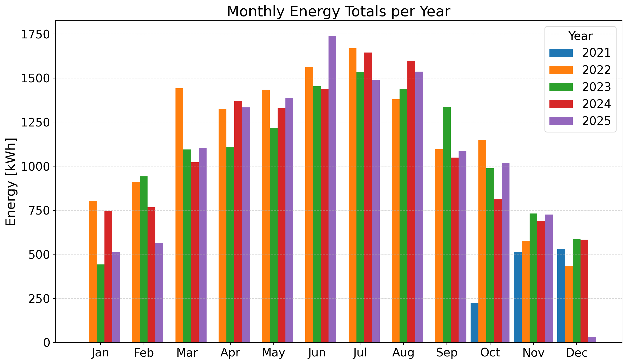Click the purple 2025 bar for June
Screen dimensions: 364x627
332,189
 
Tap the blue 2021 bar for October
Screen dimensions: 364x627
474,323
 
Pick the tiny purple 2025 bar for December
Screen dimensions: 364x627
592,340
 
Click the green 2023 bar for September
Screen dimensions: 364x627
447,225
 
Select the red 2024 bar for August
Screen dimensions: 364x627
411,201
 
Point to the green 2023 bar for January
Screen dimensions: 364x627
101,303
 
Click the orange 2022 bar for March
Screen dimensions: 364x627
179,215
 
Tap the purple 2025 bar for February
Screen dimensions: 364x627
159,293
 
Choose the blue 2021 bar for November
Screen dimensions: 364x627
518,297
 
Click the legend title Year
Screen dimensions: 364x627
580,36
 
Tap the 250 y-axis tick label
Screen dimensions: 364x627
39,298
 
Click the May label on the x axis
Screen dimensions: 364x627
273,353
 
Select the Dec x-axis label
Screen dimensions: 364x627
577,353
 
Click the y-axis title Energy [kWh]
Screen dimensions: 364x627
11,182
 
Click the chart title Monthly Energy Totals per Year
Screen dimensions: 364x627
338,11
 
